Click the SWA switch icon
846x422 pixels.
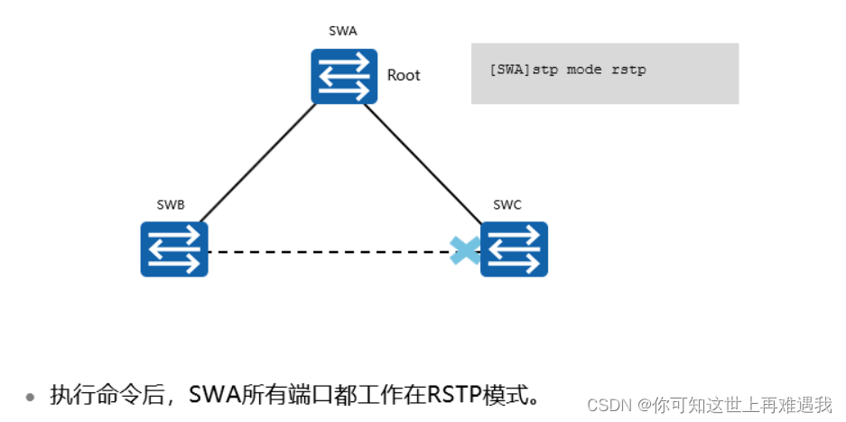pos(344,76)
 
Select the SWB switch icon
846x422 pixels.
pos(173,249)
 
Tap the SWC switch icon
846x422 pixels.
pos(514,249)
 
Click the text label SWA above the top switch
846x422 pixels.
pos(343,31)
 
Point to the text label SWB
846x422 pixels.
pos(170,205)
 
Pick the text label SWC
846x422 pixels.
pos(507,205)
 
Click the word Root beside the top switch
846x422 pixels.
pos(404,75)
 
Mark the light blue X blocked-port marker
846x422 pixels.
pos(465,250)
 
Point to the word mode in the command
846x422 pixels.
pos(584,70)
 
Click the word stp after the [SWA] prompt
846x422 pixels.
pos(545,70)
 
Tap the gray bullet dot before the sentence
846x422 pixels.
pos(31,397)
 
